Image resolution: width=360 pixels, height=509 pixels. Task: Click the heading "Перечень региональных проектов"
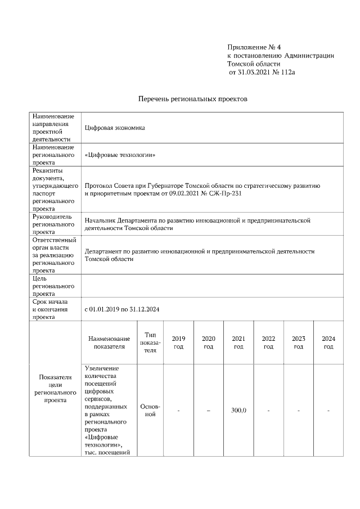pos(193,99)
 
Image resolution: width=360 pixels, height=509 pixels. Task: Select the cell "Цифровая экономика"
pos(114,128)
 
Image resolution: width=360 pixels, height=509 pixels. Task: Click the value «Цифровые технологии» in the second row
pos(119,155)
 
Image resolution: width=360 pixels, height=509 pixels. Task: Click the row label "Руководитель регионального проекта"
pos(55,224)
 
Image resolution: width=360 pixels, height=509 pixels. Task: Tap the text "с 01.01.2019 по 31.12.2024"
pos(129,309)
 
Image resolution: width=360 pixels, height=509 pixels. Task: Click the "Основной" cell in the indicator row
pos(150,410)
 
